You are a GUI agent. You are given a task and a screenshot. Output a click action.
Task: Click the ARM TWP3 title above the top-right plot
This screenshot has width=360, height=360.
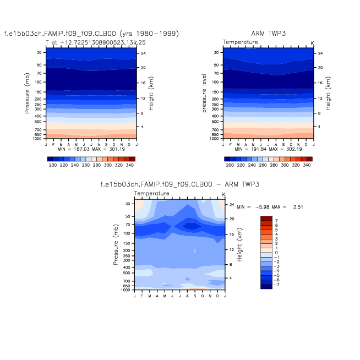click(x=267, y=34)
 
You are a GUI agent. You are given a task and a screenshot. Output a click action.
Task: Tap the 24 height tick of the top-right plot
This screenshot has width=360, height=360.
click(x=319, y=53)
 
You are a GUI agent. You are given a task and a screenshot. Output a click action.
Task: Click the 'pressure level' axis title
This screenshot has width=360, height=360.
click(x=204, y=93)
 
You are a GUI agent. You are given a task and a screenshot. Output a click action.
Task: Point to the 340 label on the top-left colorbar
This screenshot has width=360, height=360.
click(x=130, y=165)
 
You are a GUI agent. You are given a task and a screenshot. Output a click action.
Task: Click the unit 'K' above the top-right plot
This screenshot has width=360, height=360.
click(x=312, y=42)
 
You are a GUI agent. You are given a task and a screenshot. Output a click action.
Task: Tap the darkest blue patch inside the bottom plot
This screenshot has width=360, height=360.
click(x=192, y=226)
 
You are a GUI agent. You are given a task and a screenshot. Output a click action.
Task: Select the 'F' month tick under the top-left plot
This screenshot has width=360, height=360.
click(x=53, y=144)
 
